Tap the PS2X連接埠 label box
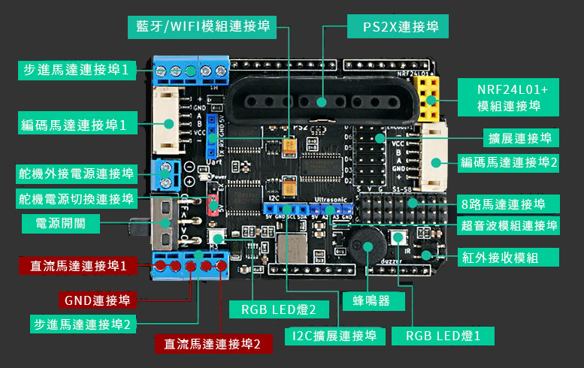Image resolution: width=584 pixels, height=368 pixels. click(399, 28)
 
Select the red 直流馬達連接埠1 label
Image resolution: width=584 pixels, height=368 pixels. click(78, 265)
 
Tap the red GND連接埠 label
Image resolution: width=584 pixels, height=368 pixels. click(97, 300)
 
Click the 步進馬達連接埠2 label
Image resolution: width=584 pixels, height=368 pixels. click(82, 324)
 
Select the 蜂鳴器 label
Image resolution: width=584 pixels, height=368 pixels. click(374, 301)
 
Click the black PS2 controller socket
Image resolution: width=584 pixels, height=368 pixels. click(322, 102)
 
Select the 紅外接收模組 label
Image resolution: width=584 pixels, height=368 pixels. click(509, 257)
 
